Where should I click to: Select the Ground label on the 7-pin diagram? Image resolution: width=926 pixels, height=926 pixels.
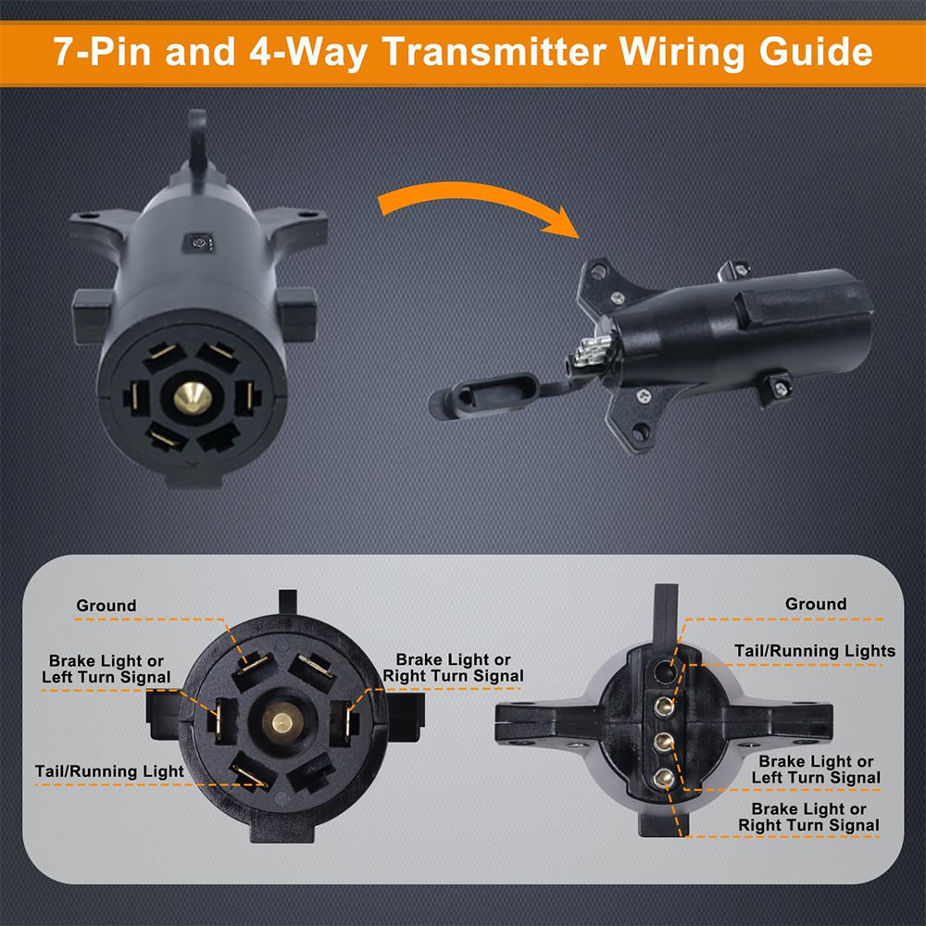click(106, 606)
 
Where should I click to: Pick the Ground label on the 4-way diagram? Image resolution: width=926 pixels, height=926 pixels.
click(816, 604)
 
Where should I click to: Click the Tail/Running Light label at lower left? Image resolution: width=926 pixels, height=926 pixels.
click(109, 770)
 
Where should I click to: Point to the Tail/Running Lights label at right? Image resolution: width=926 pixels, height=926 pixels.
click(815, 651)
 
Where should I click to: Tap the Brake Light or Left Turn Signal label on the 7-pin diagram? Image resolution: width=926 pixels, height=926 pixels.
click(106, 669)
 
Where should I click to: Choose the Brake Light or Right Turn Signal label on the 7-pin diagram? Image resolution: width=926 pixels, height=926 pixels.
click(453, 668)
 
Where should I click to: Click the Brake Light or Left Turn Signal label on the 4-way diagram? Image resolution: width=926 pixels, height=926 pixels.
click(816, 770)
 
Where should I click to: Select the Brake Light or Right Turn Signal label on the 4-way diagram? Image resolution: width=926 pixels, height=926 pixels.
click(808, 817)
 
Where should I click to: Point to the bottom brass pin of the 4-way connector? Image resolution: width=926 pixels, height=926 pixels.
click(663, 777)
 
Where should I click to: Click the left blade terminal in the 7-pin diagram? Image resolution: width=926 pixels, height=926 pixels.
click(221, 720)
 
